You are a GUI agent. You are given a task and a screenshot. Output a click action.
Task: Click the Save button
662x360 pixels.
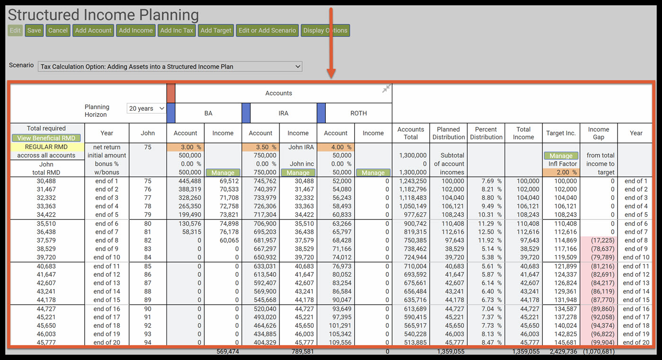pyautogui.click(x=34, y=30)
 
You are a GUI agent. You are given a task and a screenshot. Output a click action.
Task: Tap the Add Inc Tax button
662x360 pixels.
pyautogui.click(x=176, y=30)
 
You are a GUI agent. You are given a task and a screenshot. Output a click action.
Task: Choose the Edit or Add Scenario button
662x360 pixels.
pyautogui.click(x=267, y=30)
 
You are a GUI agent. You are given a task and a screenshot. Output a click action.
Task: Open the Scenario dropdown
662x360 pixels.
pyautogui.click(x=170, y=67)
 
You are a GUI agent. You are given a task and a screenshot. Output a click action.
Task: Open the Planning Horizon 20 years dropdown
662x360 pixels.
pyautogui.click(x=147, y=108)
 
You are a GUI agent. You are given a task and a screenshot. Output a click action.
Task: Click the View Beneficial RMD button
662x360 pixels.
pyautogui.click(x=46, y=138)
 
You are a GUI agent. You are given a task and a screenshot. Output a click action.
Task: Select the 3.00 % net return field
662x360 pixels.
pyautogui.click(x=185, y=147)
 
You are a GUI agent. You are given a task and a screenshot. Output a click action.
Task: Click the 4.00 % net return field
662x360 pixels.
pyautogui.click(x=335, y=147)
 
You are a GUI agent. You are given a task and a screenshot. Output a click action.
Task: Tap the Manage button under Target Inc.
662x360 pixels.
pyautogui.click(x=561, y=156)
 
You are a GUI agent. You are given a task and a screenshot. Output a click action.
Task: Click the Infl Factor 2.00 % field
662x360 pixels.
pyautogui.click(x=561, y=172)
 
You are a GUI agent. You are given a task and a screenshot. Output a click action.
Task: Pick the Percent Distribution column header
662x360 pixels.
pyautogui.click(x=486, y=133)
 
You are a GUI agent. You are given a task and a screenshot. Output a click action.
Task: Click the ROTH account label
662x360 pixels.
pyautogui.click(x=358, y=113)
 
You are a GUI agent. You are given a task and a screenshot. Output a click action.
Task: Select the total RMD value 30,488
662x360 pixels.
pyautogui.click(x=46, y=181)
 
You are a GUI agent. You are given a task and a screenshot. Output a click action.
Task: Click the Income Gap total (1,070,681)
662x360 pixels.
pyautogui.click(x=598, y=351)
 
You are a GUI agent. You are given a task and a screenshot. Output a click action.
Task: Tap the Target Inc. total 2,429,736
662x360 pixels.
pyautogui.click(x=561, y=351)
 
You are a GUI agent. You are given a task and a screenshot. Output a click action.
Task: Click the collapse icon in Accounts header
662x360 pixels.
pyautogui.click(x=386, y=88)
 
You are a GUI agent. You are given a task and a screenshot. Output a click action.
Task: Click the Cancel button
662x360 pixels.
pyautogui.click(x=58, y=30)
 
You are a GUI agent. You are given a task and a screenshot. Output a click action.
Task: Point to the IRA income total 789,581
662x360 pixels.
pyautogui.click(x=298, y=351)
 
